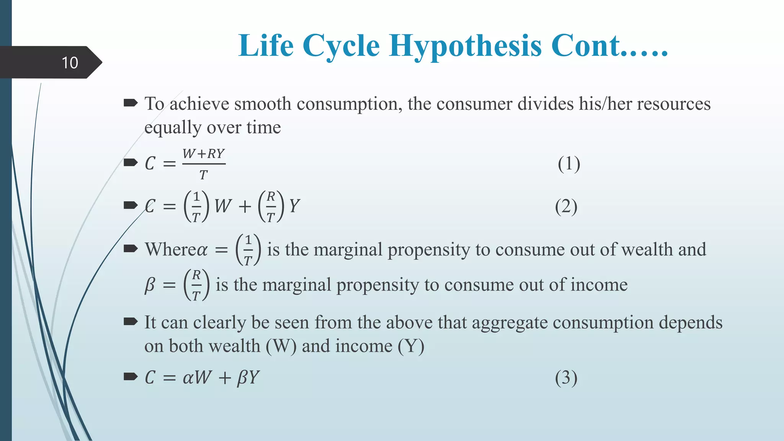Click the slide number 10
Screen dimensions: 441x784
pyautogui.click(x=70, y=63)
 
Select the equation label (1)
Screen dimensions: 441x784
pyautogui.click(x=569, y=164)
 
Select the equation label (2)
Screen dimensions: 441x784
pyautogui.click(x=566, y=207)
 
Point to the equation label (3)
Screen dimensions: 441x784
pyautogui.click(x=566, y=378)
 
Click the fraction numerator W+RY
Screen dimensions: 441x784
pyautogui.click(x=203, y=154)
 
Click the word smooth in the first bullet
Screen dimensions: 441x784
pyautogui.click(x=263, y=104)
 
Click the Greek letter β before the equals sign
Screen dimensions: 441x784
pyautogui.click(x=150, y=285)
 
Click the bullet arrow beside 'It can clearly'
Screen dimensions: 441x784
pyautogui.click(x=131, y=322)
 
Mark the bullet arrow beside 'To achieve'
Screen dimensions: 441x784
pyautogui.click(x=131, y=103)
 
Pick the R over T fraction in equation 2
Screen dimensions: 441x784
pyautogui.click(x=271, y=207)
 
